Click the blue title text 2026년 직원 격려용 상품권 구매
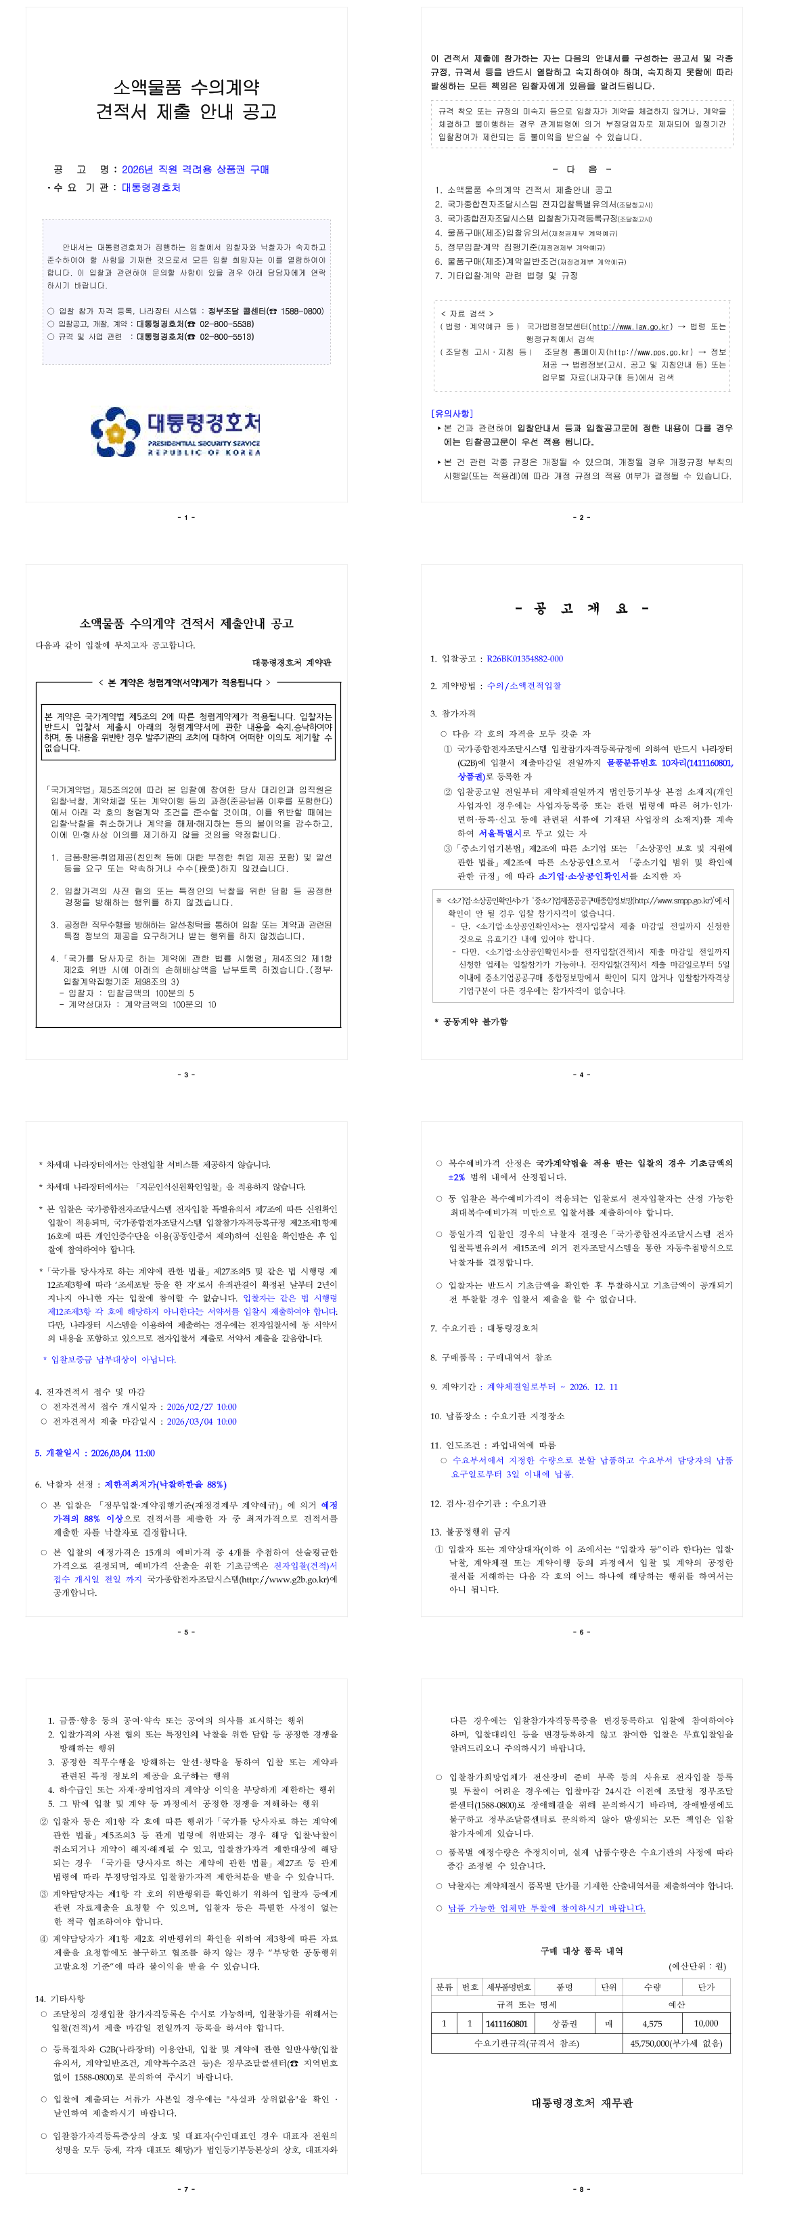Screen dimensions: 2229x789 click(x=195, y=169)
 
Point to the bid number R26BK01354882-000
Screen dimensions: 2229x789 click(x=524, y=659)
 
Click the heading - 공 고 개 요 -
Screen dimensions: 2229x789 click(x=581, y=608)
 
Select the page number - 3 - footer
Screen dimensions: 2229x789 click(x=186, y=1075)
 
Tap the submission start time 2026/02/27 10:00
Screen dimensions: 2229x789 click(x=201, y=1407)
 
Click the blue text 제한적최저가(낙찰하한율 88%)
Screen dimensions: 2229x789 click(x=165, y=1484)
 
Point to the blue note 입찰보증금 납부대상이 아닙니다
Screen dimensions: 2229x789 click(x=112, y=1360)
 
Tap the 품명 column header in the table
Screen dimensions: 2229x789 click(x=565, y=1987)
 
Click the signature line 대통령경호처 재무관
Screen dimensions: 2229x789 click(x=581, y=2102)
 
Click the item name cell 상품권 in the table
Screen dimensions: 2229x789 click(x=565, y=2024)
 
